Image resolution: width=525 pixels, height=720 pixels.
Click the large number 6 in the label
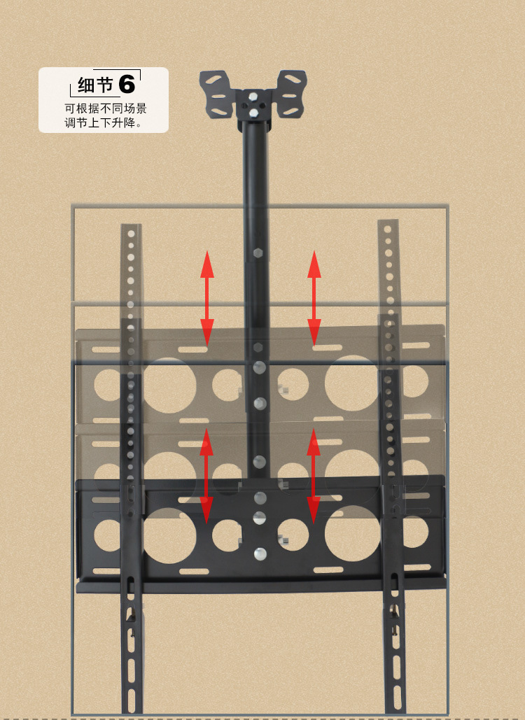(x=126, y=84)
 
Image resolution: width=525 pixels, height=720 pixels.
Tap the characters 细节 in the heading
(x=95, y=85)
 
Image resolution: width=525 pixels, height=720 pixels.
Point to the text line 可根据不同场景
(x=106, y=108)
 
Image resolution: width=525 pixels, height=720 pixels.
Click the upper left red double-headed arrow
(x=207, y=297)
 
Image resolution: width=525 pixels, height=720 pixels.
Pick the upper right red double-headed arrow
(x=314, y=297)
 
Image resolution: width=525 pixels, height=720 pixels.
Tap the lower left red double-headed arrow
(x=206, y=476)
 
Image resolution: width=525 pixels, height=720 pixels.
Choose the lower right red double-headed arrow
(x=314, y=476)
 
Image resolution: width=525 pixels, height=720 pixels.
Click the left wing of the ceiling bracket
(x=217, y=95)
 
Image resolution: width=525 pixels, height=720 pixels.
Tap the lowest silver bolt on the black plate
(x=260, y=553)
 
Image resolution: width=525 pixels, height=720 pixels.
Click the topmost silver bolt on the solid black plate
(x=260, y=498)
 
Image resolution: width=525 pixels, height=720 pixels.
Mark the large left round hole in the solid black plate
(x=170, y=535)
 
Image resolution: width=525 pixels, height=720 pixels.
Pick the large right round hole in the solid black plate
(x=352, y=535)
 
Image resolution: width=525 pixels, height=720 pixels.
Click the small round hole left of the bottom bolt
(x=227, y=535)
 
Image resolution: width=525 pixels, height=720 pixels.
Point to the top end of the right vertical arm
(x=388, y=225)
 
